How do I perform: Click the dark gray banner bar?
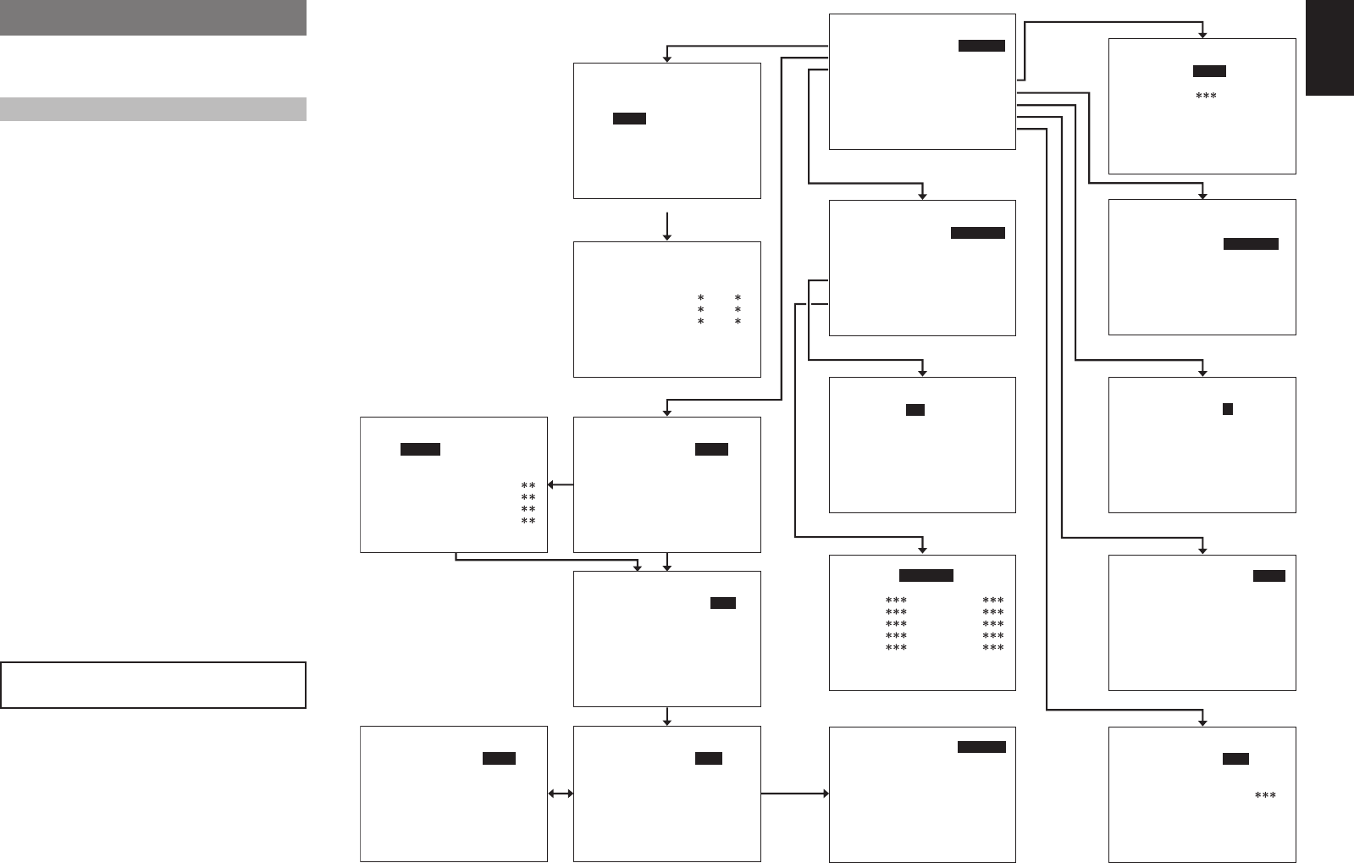tap(152, 17)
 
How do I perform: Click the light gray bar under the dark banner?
tap(152, 109)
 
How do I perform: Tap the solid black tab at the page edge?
tap(1329, 47)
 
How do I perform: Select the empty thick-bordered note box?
tap(152, 684)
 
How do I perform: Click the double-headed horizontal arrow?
tap(561, 794)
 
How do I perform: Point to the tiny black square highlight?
tap(1227, 409)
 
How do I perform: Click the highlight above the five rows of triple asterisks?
tap(926, 575)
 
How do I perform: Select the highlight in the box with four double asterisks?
tap(420, 449)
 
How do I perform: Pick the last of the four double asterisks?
tap(528, 521)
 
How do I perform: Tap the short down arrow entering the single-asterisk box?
tap(667, 226)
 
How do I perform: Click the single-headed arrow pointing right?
tap(794, 794)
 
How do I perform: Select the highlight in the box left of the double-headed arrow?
tap(499, 758)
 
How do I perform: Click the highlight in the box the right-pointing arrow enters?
tap(981, 747)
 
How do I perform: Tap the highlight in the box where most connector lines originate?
tap(981, 46)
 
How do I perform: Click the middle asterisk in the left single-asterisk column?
tap(700, 310)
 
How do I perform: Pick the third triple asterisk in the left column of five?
tap(896, 624)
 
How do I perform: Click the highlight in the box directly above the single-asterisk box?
tap(629, 119)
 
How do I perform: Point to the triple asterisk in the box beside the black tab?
tap(1206, 97)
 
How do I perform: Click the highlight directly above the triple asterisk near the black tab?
tap(1209, 71)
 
